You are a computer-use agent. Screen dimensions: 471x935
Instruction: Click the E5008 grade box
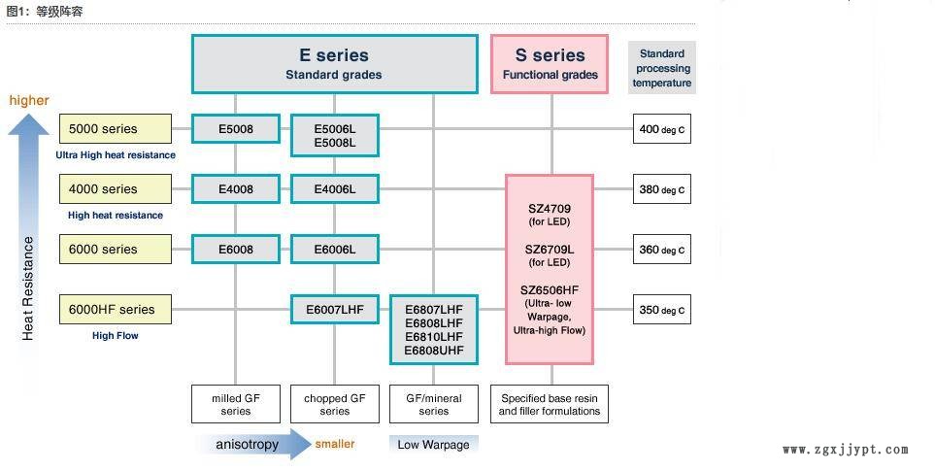236,129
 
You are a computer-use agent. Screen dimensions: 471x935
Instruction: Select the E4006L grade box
335,189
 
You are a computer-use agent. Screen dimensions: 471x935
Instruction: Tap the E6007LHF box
335,310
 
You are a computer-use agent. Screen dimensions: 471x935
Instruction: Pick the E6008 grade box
236,250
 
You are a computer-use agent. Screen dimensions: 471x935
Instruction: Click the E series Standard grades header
334,64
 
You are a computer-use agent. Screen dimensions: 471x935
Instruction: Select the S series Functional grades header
551,64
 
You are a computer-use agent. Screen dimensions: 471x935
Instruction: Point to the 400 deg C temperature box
662,129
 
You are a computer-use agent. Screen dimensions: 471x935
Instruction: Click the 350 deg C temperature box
662,311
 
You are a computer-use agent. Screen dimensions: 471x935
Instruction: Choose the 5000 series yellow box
116,129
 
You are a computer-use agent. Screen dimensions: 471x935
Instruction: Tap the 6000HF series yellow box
116,310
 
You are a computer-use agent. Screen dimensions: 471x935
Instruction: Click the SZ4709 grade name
550,208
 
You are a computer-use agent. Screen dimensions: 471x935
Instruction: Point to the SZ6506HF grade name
550,289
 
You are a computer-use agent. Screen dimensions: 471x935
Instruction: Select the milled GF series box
235,404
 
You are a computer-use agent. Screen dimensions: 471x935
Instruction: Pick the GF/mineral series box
434,404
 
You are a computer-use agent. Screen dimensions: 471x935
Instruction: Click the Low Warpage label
433,445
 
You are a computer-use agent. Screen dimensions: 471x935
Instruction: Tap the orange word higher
29,100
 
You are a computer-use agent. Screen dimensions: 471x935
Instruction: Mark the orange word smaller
335,444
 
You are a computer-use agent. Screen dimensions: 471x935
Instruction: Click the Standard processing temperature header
662,68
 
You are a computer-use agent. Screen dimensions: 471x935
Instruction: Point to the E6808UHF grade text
434,351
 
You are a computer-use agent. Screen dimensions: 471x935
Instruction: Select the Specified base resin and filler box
550,404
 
